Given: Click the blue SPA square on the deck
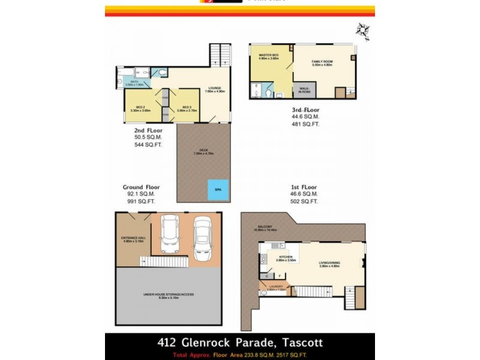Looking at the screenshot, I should tap(217, 189).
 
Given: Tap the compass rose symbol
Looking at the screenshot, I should tap(362, 30).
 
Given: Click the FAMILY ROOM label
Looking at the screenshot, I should tap(322, 63).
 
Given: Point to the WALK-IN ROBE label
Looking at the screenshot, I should tap(301, 90).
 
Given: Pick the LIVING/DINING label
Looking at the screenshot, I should tap(330, 264).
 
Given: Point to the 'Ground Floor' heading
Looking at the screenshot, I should tap(142, 187).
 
